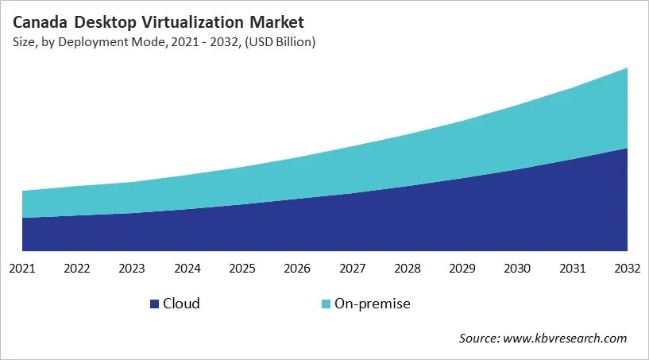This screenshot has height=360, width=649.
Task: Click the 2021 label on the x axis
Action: pyautogui.click(x=22, y=269)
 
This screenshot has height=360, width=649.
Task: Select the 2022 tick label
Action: pyautogui.click(x=77, y=269)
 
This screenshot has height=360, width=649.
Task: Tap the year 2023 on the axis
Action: pyautogui.click(x=132, y=269)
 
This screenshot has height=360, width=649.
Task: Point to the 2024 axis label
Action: pyautogui.click(x=187, y=269)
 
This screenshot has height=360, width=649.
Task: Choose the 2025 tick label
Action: pyautogui.click(x=242, y=269)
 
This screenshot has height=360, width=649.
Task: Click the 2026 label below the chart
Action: pyautogui.click(x=297, y=269)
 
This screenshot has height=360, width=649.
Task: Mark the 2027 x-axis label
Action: pyautogui.click(x=352, y=269)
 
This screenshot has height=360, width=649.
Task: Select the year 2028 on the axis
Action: pyautogui.click(x=408, y=269)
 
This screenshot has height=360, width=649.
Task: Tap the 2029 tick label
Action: pyautogui.click(x=462, y=269)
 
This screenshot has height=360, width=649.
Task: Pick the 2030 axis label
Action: pyautogui.click(x=517, y=269)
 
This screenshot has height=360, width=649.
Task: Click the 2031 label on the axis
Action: pyautogui.click(x=572, y=269)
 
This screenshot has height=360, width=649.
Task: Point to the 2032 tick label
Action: pyautogui.click(x=627, y=269)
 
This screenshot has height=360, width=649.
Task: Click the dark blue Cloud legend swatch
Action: pyautogui.click(x=154, y=304)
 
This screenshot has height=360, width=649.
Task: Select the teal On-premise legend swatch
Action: pyautogui.click(x=326, y=304)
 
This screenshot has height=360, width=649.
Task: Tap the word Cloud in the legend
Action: pyautogui.click(x=181, y=304)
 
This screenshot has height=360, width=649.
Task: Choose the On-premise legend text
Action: pyautogui.click(x=373, y=304)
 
